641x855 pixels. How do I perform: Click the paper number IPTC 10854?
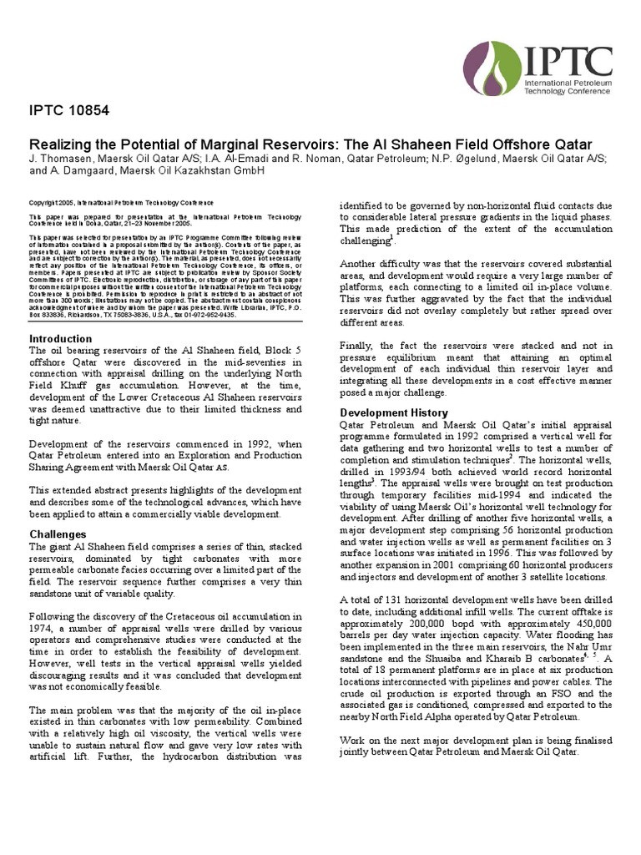(69, 110)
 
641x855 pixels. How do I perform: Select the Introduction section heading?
(61, 338)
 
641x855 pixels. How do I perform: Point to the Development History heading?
(394, 412)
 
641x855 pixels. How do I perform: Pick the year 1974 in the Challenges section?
(43, 627)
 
